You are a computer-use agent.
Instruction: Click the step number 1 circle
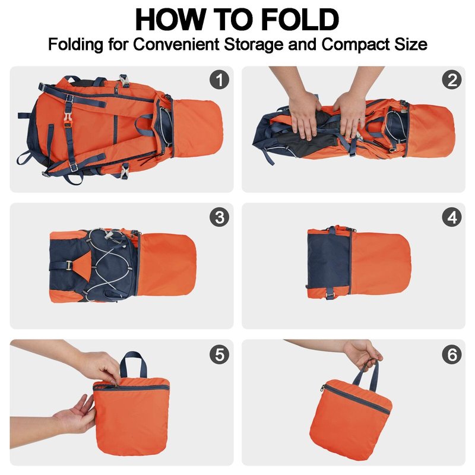219,80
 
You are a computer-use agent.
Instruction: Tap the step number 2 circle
452,80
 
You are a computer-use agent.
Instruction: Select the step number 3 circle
219,217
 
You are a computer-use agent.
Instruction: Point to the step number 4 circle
452,217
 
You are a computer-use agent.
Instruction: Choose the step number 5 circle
219,354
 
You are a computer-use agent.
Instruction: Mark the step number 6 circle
452,354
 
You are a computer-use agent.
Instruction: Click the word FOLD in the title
300,20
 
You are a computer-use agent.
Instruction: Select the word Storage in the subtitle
254,45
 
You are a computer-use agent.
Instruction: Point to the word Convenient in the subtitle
176,44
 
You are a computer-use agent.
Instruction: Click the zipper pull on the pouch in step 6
322,389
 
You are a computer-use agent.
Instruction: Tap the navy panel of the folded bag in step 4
329,262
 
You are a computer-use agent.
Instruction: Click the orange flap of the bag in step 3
167,264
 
